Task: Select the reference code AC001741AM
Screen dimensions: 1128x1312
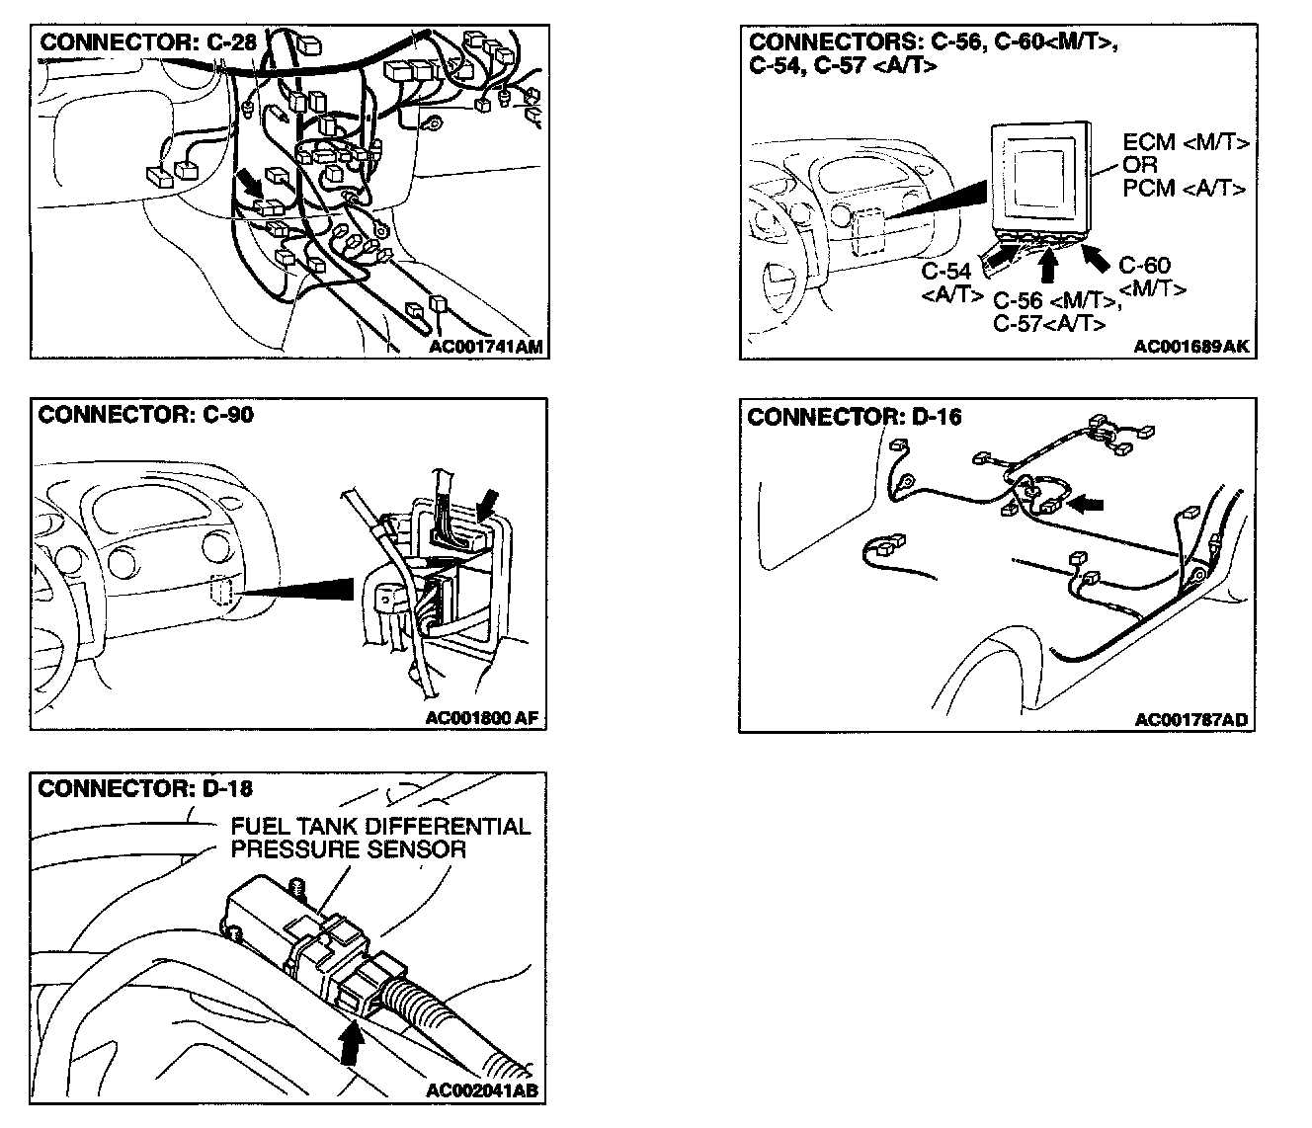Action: tap(486, 346)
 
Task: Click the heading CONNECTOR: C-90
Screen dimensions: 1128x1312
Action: tap(145, 415)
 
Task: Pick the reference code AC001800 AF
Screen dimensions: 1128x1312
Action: tap(482, 718)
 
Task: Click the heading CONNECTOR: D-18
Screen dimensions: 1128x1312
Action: tap(145, 788)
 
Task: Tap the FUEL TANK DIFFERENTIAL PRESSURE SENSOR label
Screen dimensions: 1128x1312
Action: tap(380, 838)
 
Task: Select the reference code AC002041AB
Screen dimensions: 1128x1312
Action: tap(482, 1090)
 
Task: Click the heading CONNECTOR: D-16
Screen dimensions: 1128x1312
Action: tap(855, 417)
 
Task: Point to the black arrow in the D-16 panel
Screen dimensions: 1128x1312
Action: tap(1087, 504)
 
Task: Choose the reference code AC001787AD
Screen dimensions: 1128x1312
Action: tap(1191, 720)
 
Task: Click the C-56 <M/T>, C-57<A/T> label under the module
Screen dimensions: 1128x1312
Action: tap(1049, 312)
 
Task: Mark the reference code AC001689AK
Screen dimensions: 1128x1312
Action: tap(1191, 347)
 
